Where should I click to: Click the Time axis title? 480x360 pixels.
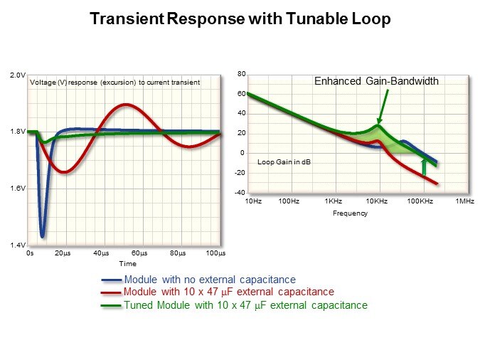pyautogui.click(x=128, y=263)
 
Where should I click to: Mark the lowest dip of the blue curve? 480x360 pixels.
pyautogui.click(x=42, y=236)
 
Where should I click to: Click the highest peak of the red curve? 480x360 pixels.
pyautogui.click(x=126, y=105)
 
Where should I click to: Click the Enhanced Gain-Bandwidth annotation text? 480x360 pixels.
pyautogui.click(x=376, y=82)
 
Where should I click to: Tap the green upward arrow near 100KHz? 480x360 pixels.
pyautogui.click(x=425, y=166)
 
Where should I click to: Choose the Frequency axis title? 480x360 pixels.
pyautogui.click(x=350, y=213)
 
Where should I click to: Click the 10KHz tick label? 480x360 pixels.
pyautogui.click(x=376, y=202)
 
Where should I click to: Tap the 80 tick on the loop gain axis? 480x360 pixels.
pyautogui.click(x=242, y=74)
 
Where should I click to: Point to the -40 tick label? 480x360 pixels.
pyautogui.click(x=240, y=193)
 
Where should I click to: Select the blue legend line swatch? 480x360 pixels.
pyautogui.click(x=112, y=280)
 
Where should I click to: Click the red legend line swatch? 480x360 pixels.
pyautogui.click(x=112, y=292)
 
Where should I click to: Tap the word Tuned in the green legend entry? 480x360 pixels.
pyautogui.click(x=139, y=305)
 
